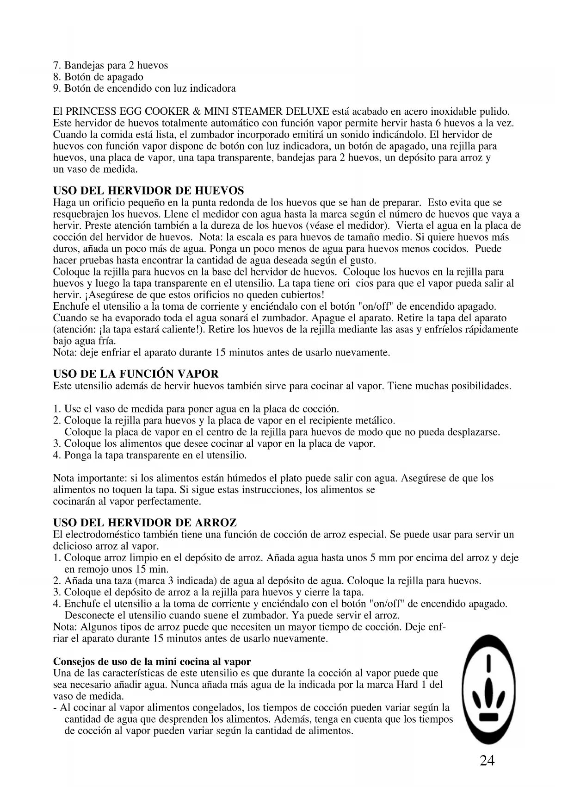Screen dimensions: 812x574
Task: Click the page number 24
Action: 487,761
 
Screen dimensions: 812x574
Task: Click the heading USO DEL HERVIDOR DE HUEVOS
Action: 148,191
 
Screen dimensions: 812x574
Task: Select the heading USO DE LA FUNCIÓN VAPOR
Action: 136,374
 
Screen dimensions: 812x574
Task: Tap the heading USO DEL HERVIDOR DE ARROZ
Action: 145,523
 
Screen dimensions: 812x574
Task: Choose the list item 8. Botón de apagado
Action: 99,77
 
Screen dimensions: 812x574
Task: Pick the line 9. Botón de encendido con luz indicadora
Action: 145,88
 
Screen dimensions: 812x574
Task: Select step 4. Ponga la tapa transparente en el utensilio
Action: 150,455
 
